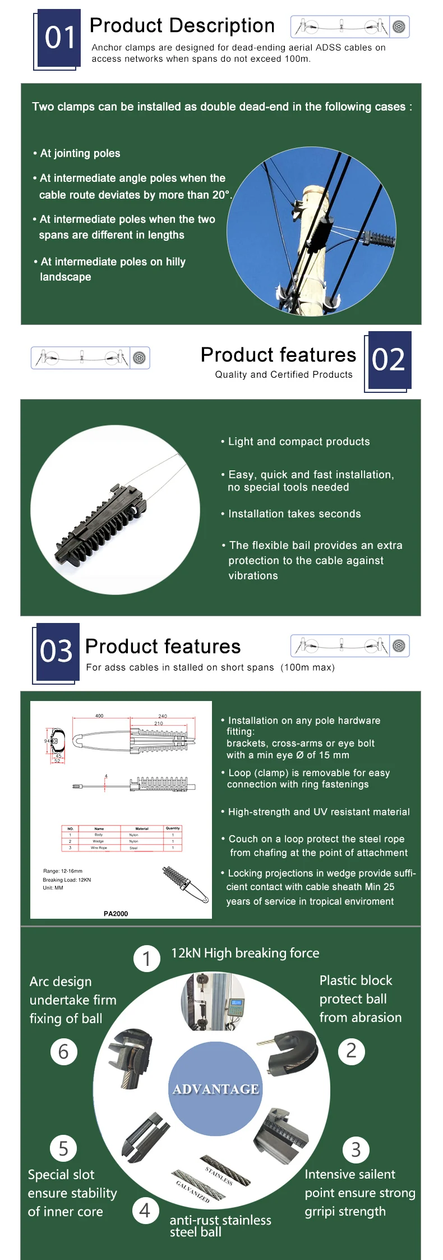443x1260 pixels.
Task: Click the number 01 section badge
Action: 59,38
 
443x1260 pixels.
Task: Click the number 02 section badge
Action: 388,359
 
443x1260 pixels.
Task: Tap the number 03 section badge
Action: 56,652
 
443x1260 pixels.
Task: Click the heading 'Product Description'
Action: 182,26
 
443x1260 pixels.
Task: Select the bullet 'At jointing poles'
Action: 80,153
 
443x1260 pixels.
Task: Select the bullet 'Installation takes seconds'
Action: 294,514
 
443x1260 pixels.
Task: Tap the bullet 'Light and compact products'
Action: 299,442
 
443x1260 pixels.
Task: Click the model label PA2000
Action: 116,914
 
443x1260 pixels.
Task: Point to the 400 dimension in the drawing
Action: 99,716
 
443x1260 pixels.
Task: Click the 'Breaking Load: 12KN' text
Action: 67,879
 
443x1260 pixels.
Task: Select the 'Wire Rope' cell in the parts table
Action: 99,847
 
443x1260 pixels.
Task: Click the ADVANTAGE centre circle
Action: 216,1089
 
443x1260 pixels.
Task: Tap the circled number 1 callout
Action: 147,958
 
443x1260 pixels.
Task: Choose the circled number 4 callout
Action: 145,1211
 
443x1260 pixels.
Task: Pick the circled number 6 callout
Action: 63,1052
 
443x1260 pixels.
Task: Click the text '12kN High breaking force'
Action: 245,953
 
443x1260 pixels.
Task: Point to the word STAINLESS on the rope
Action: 219,1176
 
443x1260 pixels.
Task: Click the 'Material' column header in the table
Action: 142,828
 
